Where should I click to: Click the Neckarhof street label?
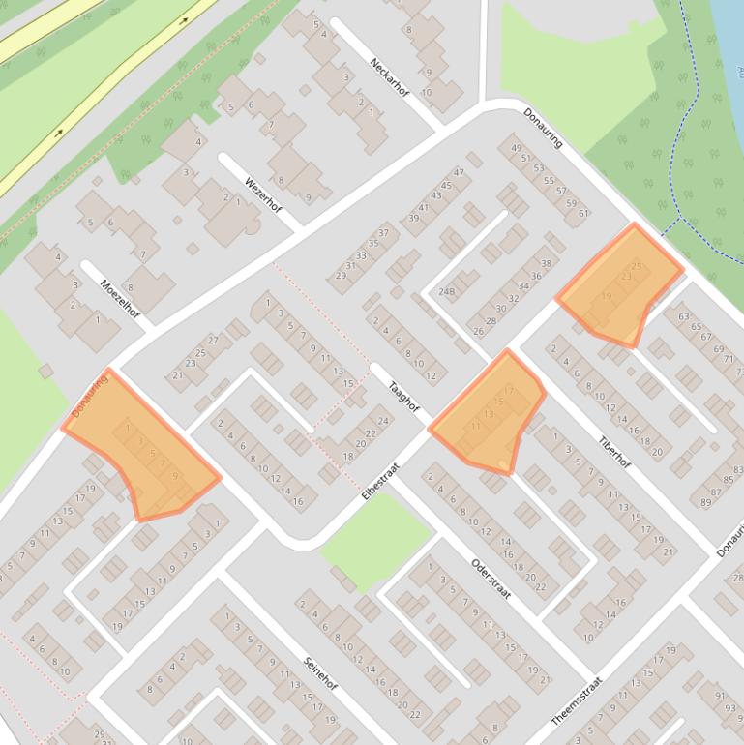tap(390, 78)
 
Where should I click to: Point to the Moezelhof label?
tap(120, 298)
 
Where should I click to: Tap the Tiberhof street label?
tap(614, 450)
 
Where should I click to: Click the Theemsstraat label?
tap(577, 700)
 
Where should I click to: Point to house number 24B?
tap(446, 291)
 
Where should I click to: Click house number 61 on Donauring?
tap(583, 213)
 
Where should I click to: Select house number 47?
tap(459, 173)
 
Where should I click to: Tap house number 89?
tap(705, 502)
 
